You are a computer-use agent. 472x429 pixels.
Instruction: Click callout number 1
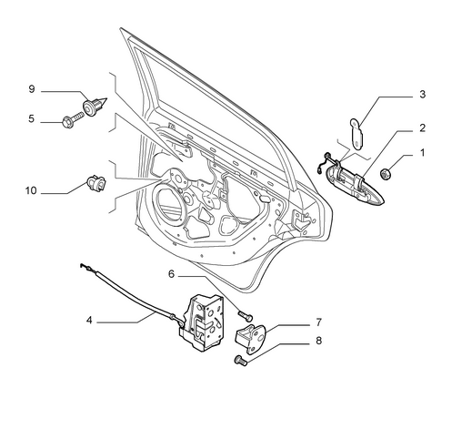422,152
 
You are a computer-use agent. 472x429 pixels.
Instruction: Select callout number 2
422,128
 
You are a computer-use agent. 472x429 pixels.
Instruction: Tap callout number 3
422,94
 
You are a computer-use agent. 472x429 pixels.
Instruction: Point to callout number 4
89,320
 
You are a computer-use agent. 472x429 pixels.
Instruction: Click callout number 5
32,118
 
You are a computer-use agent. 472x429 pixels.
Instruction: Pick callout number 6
171,274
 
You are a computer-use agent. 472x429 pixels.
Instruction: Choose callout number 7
318,322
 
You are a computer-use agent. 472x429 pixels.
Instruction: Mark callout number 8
318,341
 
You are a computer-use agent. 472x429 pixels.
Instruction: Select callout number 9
32,89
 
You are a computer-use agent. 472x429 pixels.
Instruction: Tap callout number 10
31,190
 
